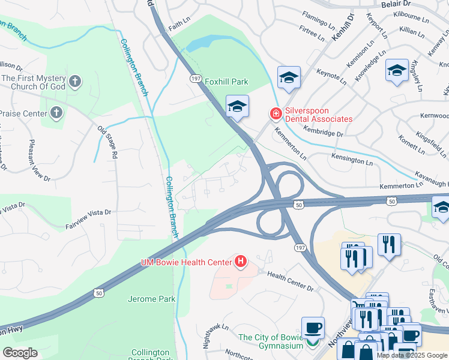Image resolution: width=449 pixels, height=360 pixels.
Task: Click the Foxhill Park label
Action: (226, 82)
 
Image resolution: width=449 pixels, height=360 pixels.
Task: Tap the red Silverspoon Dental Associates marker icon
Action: (275, 113)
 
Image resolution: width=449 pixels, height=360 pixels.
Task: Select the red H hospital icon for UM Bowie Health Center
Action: (241, 262)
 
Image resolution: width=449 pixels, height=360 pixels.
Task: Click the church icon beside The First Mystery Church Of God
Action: (74, 80)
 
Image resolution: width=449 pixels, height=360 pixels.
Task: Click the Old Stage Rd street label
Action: (108, 142)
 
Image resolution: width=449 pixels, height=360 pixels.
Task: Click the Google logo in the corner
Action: (20, 353)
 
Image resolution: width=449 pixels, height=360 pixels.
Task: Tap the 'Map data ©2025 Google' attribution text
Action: (411, 355)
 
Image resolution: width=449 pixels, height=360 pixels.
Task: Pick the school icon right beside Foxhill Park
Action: (237, 107)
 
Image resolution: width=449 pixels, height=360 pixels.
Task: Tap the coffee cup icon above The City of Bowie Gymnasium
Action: (313, 328)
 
